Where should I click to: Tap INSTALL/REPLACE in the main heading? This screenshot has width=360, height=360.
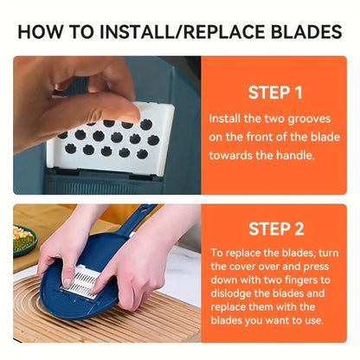click(172, 33)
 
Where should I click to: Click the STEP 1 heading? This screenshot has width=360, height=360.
click(275, 92)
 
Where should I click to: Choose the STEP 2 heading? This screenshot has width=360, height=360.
click(275, 228)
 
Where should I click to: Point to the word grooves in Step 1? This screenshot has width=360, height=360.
click(310, 117)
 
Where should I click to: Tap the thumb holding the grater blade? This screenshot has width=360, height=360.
click(112, 111)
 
